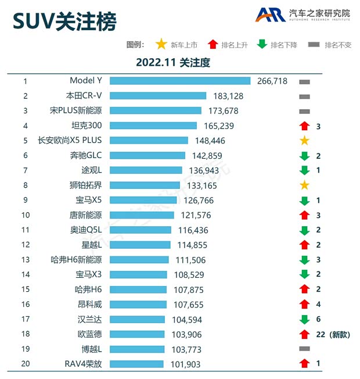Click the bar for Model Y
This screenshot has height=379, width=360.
pyautogui.click(x=180, y=81)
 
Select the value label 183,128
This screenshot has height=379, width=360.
pyautogui.click(x=228, y=96)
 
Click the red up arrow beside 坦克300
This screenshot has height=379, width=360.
pyautogui.click(x=304, y=126)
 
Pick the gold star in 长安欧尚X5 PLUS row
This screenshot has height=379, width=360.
pyautogui.click(x=304, y=141)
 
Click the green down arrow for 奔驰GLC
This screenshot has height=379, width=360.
pyautogui.click(x=304, y=155)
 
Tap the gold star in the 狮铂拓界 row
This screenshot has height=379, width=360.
pyautogui.click(x=304, y=185)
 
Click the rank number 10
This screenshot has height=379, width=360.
pyautogui.click(x=26, y=215)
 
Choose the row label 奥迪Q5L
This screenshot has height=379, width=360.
pyautogui.click(x=86, y=230)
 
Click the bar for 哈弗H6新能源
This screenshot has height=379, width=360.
pyautogui.click(x=139, y=260)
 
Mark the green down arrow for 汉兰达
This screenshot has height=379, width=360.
pyautogui.click(x=304, y=319)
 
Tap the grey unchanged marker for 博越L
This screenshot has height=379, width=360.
pyautogui.click(x=304, y=349)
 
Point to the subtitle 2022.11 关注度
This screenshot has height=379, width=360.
pyautogui.click(x=173, y=62)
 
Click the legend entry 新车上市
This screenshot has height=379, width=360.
pyautogui.click(x=177, y=45)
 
